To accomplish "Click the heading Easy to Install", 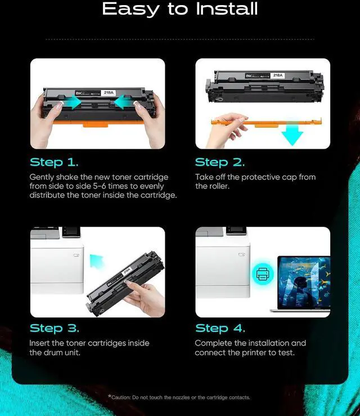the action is click(x=180, y=9).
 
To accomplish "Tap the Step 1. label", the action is click(x=54, y=162).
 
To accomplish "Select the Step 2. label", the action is click(x=220, y=162).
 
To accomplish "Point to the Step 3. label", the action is click(x=55, y=328).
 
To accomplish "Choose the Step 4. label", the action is click(x=220, y=328).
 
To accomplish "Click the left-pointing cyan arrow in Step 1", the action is click(x=124, y=102).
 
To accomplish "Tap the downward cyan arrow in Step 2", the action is click(x=292, y=135).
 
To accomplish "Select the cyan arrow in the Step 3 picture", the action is click(x=97, y=261).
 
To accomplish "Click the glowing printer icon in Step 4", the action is click(x=263, y=274).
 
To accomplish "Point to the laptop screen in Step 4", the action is click(x=304, y=282).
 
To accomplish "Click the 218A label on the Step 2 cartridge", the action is click(x=278, y=75).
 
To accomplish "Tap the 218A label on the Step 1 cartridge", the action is click(x=109, y=92).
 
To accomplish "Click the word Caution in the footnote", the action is click(x=121, y=397).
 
